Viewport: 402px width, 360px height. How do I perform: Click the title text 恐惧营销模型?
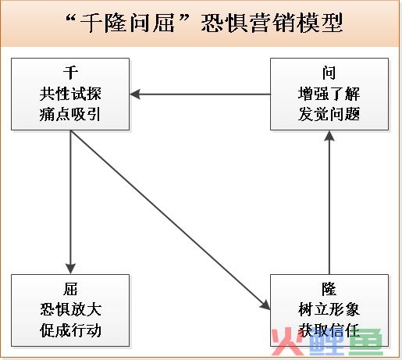pos(272,23)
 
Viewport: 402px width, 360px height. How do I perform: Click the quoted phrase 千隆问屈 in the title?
pos(127,23)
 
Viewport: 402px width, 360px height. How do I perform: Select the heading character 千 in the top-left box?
pos(70,73)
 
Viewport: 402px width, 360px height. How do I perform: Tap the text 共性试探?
pos(70,94)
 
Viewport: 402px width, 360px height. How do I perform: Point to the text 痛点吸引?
pos(69,114)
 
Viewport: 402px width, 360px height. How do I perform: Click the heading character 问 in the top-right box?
pos(329,73)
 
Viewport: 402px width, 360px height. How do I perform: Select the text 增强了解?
pos(329,94)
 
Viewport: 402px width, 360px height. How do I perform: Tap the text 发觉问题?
pos(329,114)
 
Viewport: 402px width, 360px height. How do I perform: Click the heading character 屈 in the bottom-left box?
pos(70,289)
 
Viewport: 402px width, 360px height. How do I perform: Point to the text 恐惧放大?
pos(70,310)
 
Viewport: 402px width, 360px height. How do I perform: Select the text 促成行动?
pos(70,330)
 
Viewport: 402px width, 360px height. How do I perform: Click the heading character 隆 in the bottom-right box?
pos(329,289)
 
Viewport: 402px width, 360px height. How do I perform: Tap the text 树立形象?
pos(329,310)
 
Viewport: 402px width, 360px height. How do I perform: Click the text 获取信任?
pos(329,330)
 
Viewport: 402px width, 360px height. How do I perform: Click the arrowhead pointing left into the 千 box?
pos(135,94)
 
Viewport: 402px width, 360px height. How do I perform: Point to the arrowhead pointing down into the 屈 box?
pos(70,269)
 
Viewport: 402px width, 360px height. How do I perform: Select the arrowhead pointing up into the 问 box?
pos(329,136)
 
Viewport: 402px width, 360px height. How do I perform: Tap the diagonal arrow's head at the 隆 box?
pos(266,305)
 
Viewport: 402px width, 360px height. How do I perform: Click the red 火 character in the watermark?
pos(286,341)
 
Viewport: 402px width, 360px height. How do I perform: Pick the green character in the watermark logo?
pos(366,341)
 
